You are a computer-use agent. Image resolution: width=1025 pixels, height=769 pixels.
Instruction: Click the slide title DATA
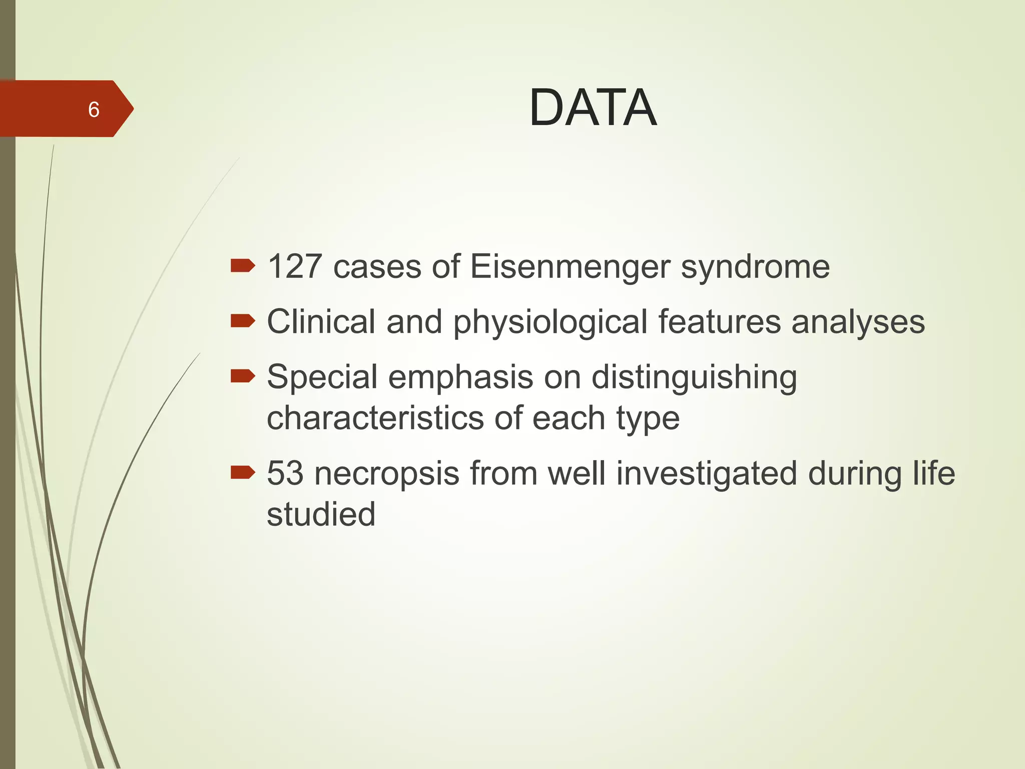tap(593, 108)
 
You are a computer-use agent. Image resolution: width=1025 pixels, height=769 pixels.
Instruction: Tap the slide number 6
tap(94, 110)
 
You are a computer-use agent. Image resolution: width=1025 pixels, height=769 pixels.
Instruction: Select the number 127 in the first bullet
tap(294, 266)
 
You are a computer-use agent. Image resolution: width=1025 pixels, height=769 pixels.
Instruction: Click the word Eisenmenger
tap(570, 266)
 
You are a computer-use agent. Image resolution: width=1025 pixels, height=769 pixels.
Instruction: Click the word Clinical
tap(321, 321)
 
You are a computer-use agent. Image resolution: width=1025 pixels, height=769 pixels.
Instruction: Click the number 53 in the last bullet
tap(285, 473)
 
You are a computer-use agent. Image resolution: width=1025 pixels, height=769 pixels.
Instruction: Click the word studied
tap(321, 514)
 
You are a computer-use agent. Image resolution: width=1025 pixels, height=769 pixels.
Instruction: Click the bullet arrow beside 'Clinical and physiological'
tap(243, 321)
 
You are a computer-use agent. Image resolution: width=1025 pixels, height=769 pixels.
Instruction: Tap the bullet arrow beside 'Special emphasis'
tap(243, 376)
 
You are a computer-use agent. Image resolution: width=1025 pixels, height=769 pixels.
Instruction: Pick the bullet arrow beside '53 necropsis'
tap(243, 472)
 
